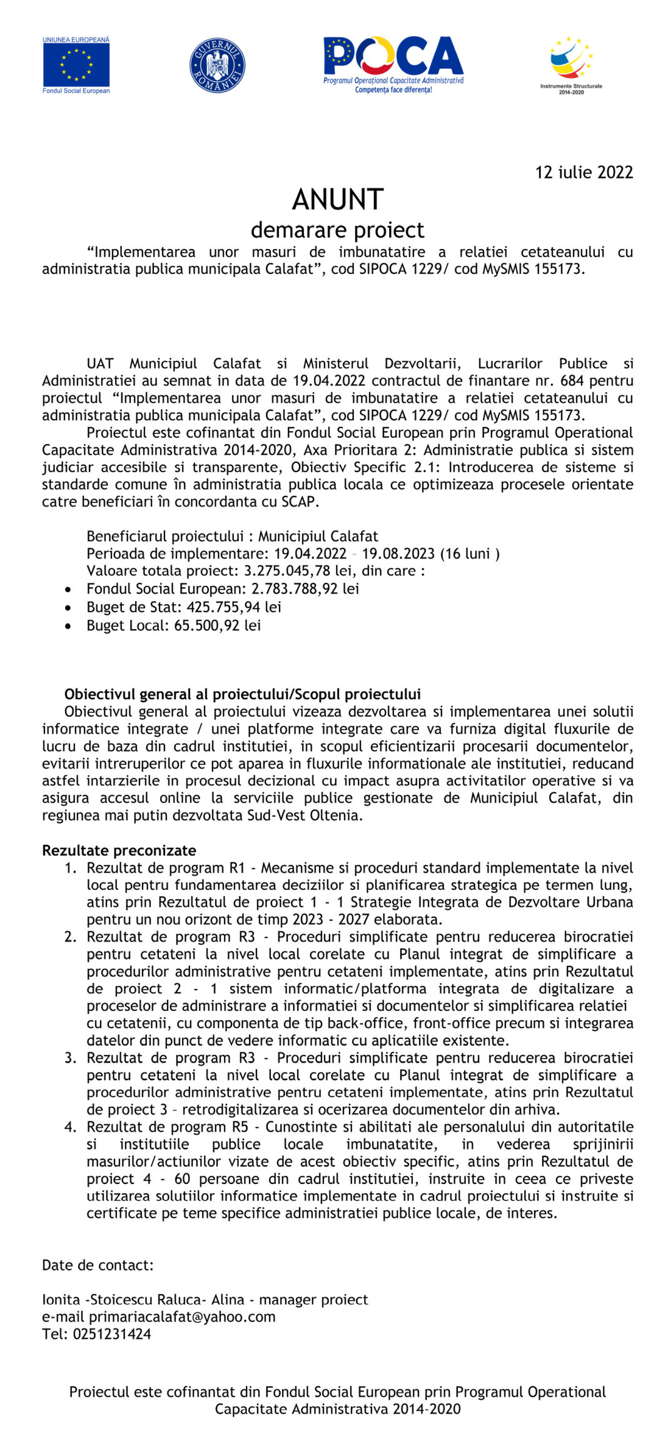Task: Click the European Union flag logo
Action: [x=76, y=65]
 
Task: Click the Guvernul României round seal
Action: [x=217, y=66]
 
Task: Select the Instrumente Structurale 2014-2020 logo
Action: [x=571, y=65]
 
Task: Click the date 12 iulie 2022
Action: [x=584, y=173]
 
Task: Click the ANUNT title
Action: [x=337, y=200]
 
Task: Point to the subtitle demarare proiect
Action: [x=337, y=230]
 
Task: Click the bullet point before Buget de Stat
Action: [x=68, y=607]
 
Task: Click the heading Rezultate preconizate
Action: [x=119, y=851]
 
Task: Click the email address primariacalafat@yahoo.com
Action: [x=182, y=1317]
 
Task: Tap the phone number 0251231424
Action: [x=112, y=1334]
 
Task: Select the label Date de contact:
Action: [x=98, y=1265]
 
